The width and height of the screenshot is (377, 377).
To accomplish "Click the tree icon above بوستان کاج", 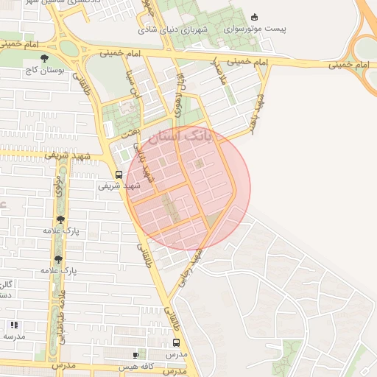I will click(x=46, y=58).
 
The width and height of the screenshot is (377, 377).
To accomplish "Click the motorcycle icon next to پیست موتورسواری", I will click(x=255, y=17).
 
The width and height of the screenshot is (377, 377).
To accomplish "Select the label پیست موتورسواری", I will click(x=255, y=29).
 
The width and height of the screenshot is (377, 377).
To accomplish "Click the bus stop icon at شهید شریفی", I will click(x=119, y=175).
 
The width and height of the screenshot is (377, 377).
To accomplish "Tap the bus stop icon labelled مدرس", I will click(x=176, y=342).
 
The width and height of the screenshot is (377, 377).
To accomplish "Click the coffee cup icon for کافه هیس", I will click(x=135, y=354).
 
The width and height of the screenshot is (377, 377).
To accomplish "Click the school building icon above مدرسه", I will click(x=13, y=324).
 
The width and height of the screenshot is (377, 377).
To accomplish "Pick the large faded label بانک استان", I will click(x=179, y=136).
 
